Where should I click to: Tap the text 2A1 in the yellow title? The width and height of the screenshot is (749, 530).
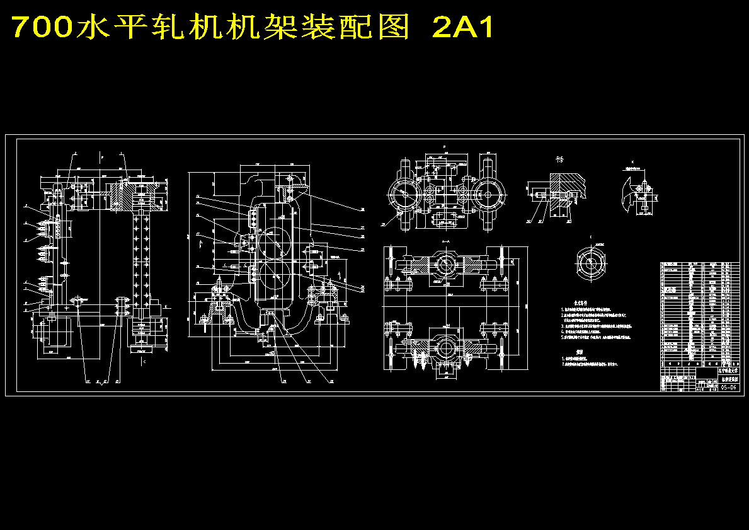464,28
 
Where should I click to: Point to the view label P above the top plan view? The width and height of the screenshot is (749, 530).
444,147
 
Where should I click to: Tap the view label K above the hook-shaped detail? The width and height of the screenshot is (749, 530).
632,162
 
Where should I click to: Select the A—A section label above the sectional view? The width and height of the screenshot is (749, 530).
445,241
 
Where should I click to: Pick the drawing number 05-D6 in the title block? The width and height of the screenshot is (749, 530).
729,388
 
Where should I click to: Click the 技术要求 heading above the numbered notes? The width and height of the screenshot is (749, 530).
569,303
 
